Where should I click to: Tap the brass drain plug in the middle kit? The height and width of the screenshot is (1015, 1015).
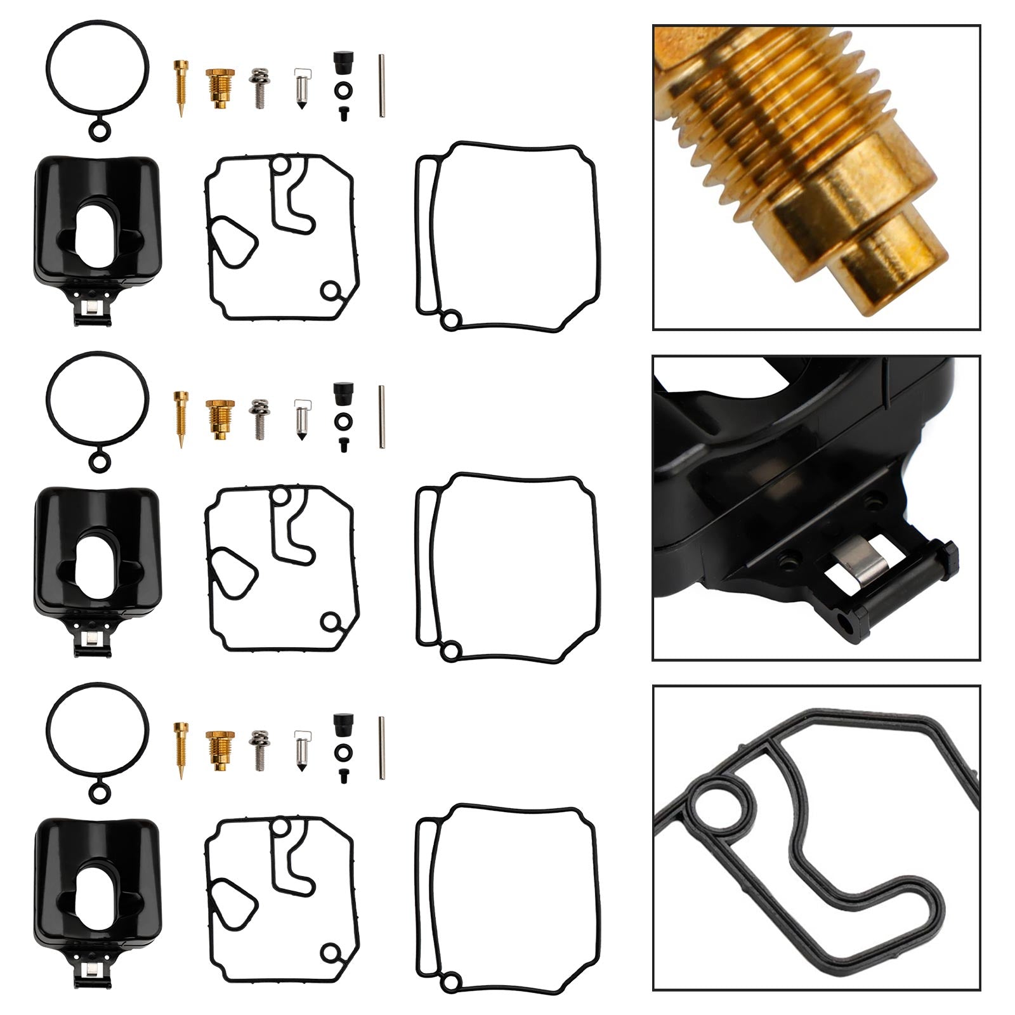coord(219,419)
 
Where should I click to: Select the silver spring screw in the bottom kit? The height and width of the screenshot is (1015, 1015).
coord(258,749)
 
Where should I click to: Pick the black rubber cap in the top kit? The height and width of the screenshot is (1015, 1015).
coord(343,64)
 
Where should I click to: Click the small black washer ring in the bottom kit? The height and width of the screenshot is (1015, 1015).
coord(343,751)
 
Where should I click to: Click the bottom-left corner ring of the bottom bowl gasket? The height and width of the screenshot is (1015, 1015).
coord(449,983)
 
